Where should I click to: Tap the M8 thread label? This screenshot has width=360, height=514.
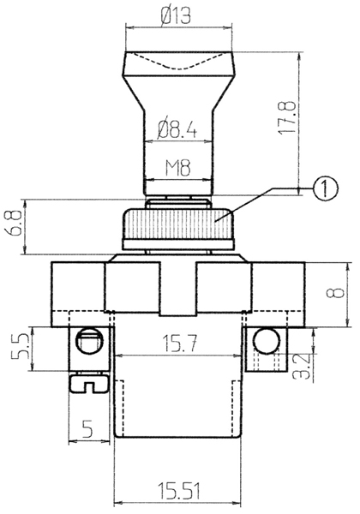(177, 168)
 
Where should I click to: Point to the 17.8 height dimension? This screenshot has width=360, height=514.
(287, 117)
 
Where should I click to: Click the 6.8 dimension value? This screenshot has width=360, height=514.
(15, 223)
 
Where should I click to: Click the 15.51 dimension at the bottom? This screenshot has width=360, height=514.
(178, 491)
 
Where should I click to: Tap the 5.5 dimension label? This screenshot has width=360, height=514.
(19, 348)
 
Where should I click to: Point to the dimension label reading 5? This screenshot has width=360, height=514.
(87, 429)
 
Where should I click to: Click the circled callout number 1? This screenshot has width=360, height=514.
(325, 188)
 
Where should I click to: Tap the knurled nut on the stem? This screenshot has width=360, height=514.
(178, 224)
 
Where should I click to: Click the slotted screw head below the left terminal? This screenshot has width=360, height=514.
(89, 384)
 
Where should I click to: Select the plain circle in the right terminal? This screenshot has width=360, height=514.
(267, 341)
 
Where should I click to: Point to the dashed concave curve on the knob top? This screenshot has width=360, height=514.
(178, 63)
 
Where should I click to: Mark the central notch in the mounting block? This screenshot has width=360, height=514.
(178, 289)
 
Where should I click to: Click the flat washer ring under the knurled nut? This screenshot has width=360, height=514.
(178, 244)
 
